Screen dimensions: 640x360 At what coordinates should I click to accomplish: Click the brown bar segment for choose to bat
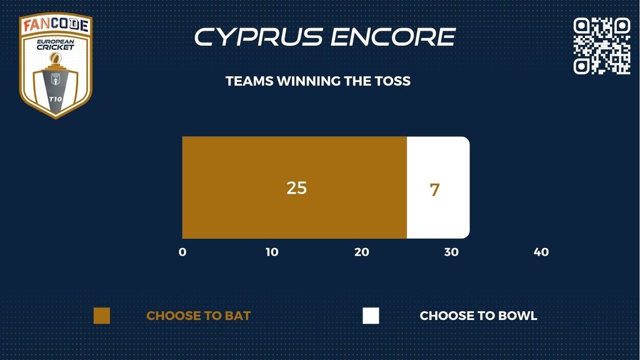tap(294, 187)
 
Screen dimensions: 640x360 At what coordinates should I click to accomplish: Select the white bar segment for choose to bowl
tap(438, 187)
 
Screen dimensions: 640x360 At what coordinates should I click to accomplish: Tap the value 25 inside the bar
tap(297, 188)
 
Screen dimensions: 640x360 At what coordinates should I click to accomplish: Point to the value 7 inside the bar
tap(435, 190)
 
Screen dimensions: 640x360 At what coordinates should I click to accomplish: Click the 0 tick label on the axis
tap(182, 252)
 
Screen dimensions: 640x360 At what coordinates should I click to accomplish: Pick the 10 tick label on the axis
tap(272, 252)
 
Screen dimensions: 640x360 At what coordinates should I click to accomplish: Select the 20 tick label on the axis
tap(362, 252)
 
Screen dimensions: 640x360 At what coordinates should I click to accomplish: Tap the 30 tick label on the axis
tap(451, 252)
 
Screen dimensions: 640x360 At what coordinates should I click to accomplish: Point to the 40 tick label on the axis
tap(541, 252)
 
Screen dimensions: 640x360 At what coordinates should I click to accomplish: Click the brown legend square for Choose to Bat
tap(102, 316)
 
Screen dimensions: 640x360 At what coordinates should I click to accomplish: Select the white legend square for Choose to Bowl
tap(371, 316)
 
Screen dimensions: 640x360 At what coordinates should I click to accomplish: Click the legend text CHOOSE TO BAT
tap(198, 316)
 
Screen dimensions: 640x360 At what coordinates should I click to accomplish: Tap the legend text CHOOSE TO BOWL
tap(478, 316)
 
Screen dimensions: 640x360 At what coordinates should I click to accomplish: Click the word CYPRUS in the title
tap(259, 37)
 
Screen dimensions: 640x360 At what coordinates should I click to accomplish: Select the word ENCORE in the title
tap(393, 37)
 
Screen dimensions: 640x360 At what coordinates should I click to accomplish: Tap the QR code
tap(602, 46)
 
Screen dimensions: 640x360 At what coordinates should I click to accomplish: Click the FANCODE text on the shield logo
tap(56, 24)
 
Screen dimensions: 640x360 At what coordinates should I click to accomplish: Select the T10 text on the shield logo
tap(56, 99)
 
